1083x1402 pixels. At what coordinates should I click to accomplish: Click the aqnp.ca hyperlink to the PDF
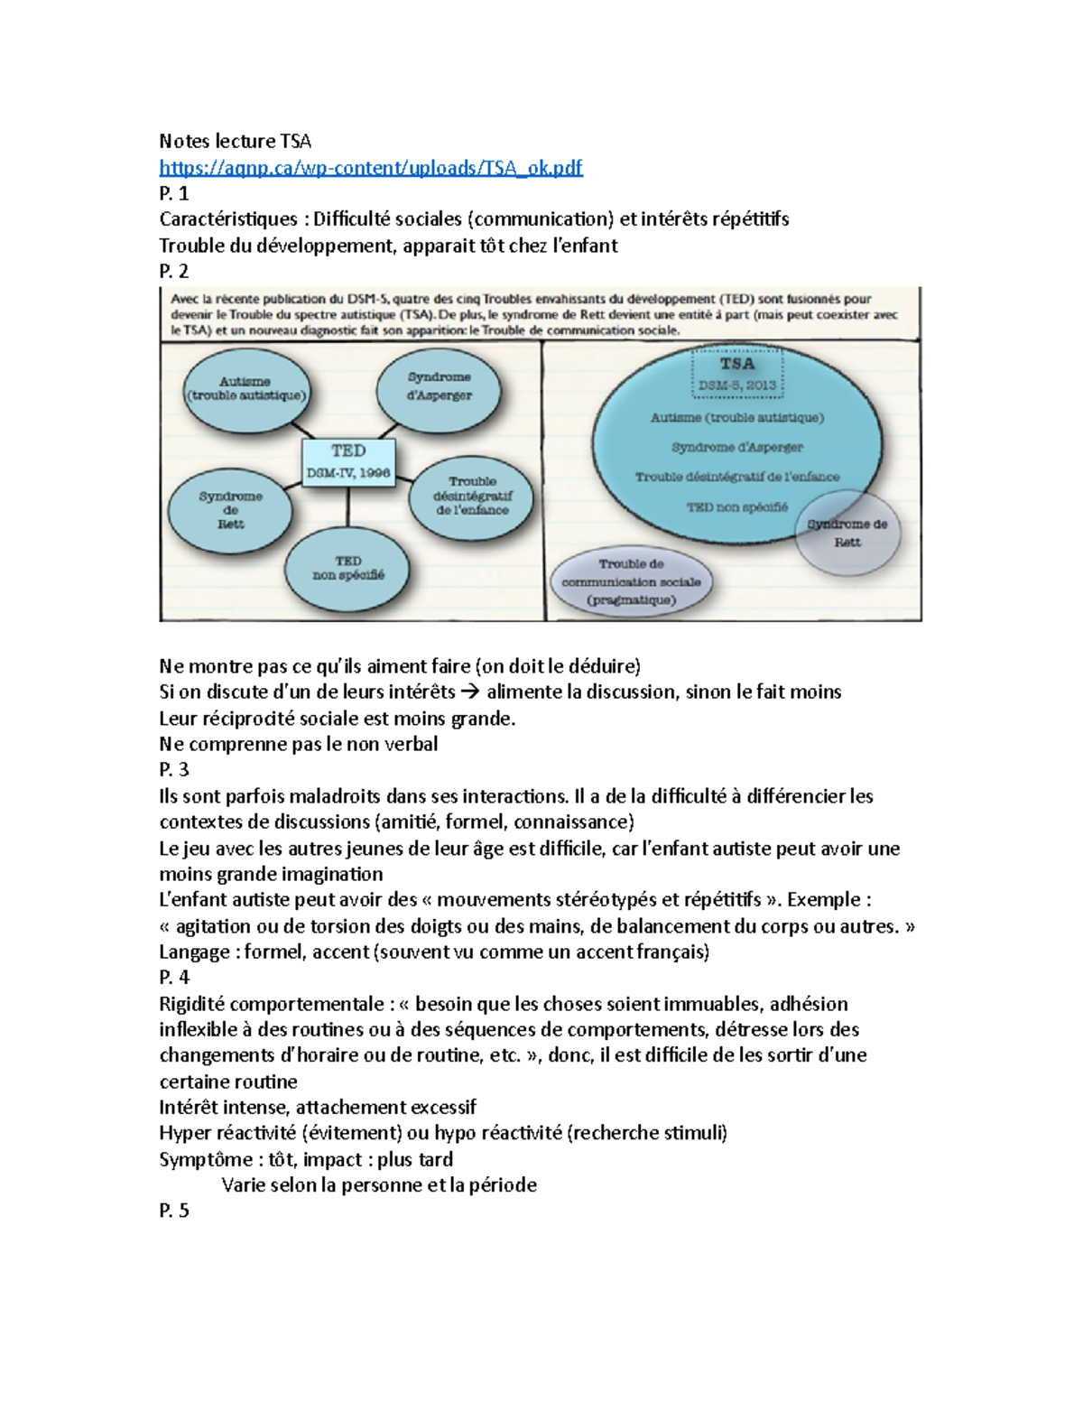(370, 168)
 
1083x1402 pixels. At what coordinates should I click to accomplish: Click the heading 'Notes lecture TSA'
(235, 141)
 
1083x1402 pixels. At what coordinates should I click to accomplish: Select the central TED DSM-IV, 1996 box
(348, 462)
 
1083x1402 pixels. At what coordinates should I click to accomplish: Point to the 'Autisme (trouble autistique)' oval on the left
(245, 388)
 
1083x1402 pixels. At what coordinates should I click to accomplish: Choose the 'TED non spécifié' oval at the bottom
(348, 568)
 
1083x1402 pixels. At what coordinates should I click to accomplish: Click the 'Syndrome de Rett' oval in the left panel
(231, 510)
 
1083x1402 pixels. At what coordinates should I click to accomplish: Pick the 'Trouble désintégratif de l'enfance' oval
(472, 496)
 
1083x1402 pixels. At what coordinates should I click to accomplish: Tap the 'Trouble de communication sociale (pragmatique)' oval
(631, 582)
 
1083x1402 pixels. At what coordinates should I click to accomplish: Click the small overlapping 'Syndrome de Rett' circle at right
(847, 533)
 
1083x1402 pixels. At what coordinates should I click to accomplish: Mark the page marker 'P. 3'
(174, 770)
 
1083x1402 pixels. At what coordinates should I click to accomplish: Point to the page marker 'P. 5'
(174, 1212)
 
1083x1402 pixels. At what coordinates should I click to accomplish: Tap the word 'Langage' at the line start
(194, 952)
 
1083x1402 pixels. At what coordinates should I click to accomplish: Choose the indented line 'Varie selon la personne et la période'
(379, 1185)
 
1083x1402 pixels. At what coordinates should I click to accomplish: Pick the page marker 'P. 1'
(174, 193)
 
